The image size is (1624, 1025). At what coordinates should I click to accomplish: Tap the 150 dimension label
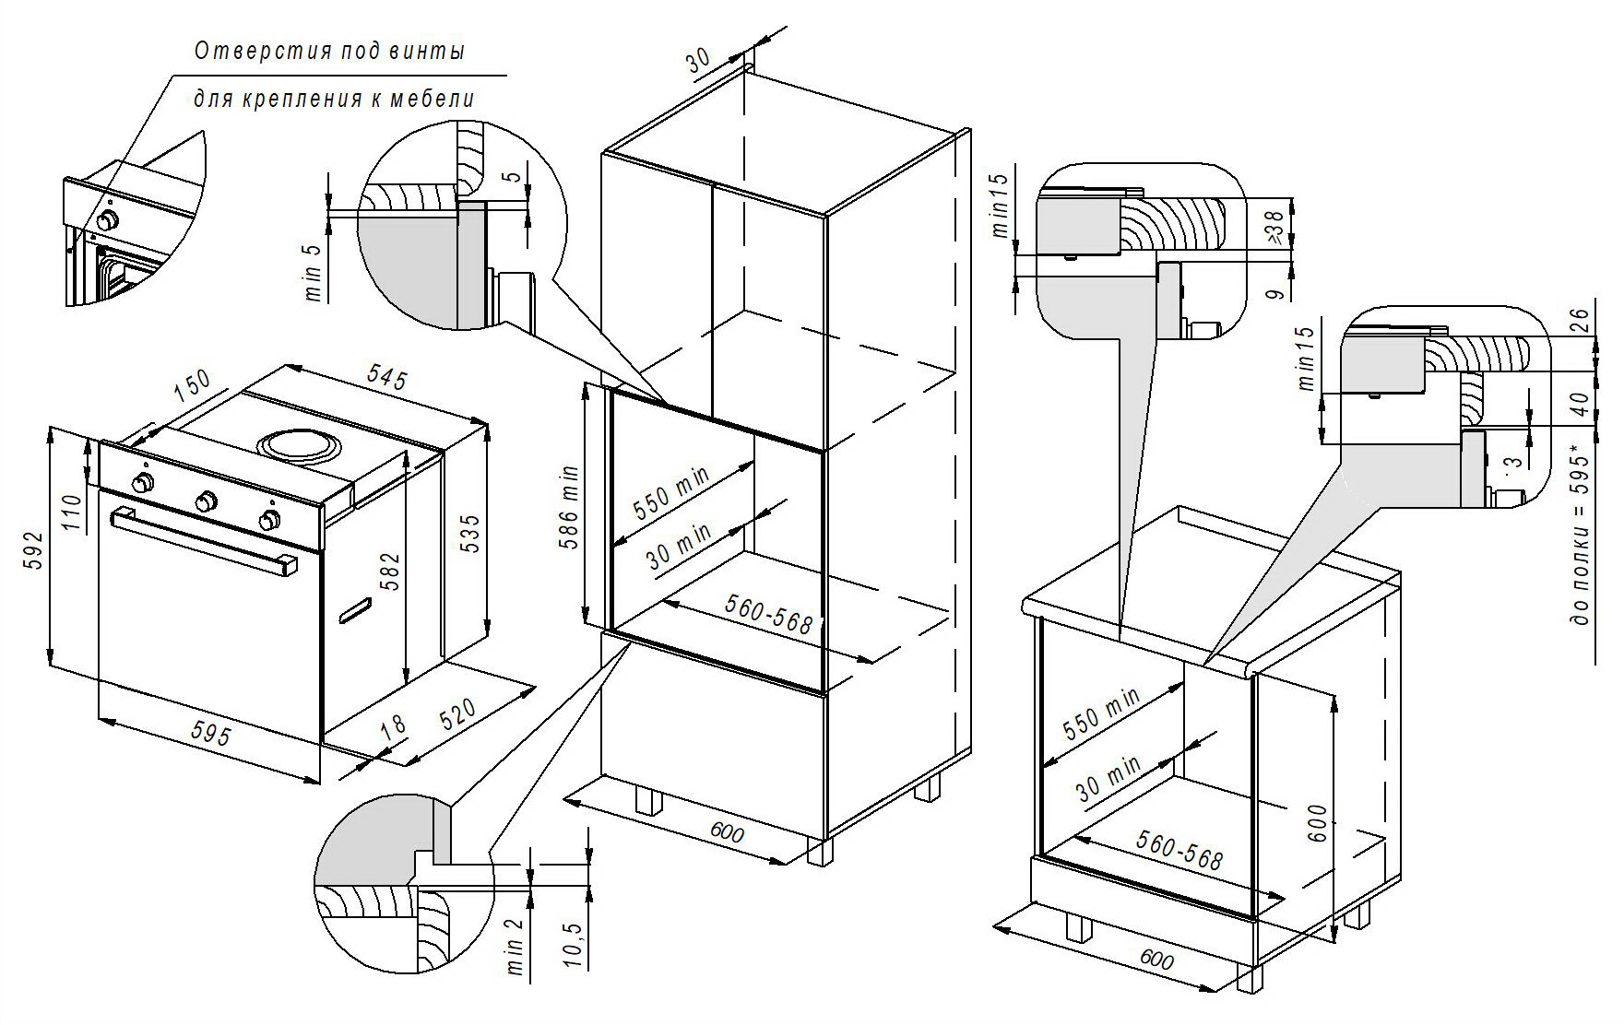coord(192,384)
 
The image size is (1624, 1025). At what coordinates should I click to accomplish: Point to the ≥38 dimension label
coord(1275,227)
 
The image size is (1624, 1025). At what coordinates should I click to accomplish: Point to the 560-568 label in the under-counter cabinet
coord(1179,850)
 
